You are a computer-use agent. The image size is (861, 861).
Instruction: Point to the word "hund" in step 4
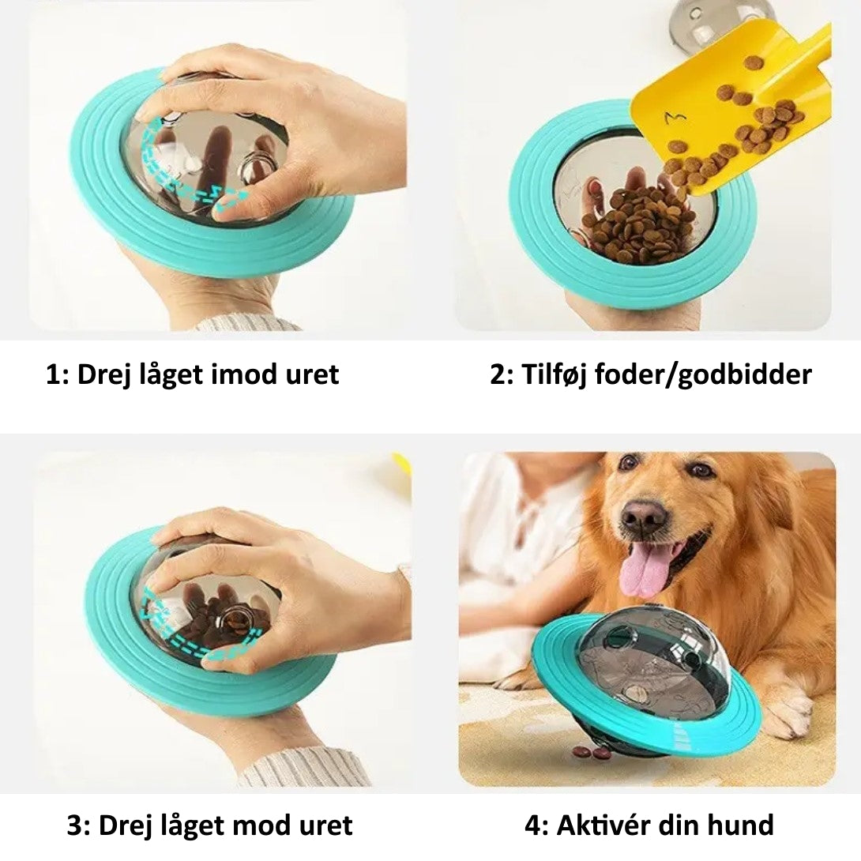(x=741, y=825)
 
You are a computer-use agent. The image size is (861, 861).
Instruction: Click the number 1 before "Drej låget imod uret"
(x=53, y=375)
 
